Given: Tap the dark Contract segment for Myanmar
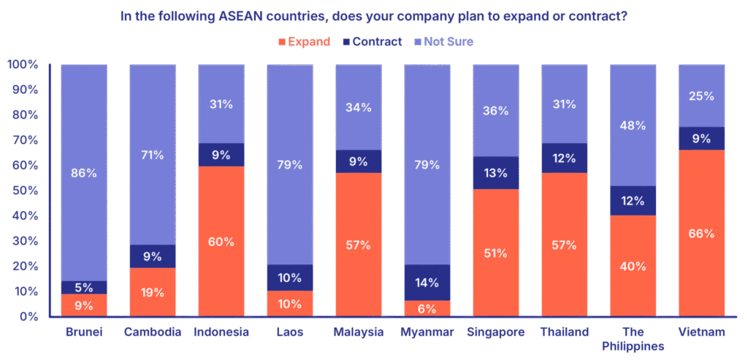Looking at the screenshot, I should coord(427,283).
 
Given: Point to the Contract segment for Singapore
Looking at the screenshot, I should coord(496,173).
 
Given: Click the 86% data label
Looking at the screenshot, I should coord(83,173).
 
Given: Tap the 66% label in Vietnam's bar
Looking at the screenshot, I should coord(701,234).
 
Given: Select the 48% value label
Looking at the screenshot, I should coord(633,126).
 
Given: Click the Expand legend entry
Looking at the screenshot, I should coord(305,42).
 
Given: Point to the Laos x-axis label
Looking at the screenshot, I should coord(290,333).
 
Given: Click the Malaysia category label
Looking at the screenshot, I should coord(359,333).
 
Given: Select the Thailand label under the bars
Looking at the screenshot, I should coord(564,333).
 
